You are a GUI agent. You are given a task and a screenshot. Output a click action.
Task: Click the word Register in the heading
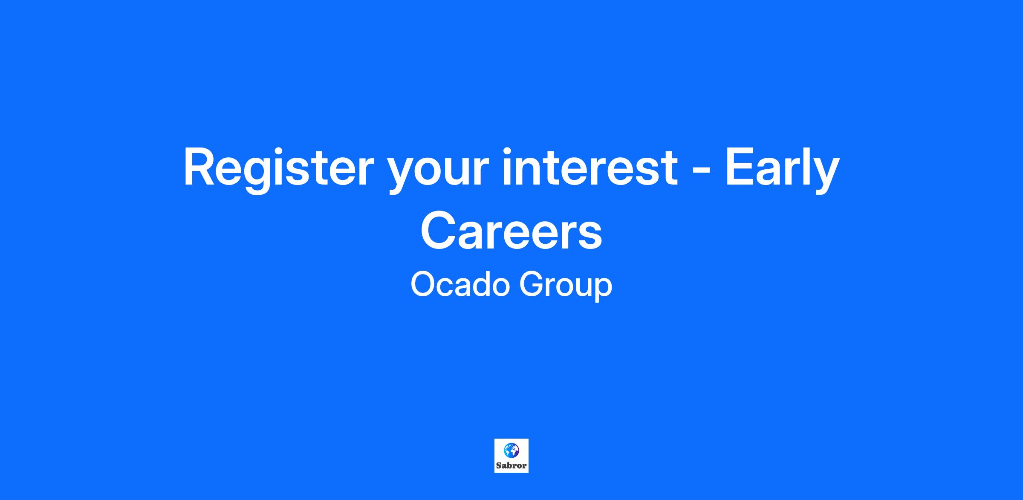pos(278,170)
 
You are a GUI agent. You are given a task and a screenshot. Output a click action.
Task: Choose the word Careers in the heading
pos(511,232)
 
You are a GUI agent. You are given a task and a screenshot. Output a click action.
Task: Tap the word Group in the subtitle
pos(566,287)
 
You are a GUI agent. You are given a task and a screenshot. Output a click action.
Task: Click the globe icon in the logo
pos(511,450)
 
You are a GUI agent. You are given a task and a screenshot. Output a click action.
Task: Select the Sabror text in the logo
pos(511,466)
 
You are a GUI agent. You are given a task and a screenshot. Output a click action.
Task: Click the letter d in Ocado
pos(481,285)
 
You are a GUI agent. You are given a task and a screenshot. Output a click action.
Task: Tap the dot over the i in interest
pos(508,150)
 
